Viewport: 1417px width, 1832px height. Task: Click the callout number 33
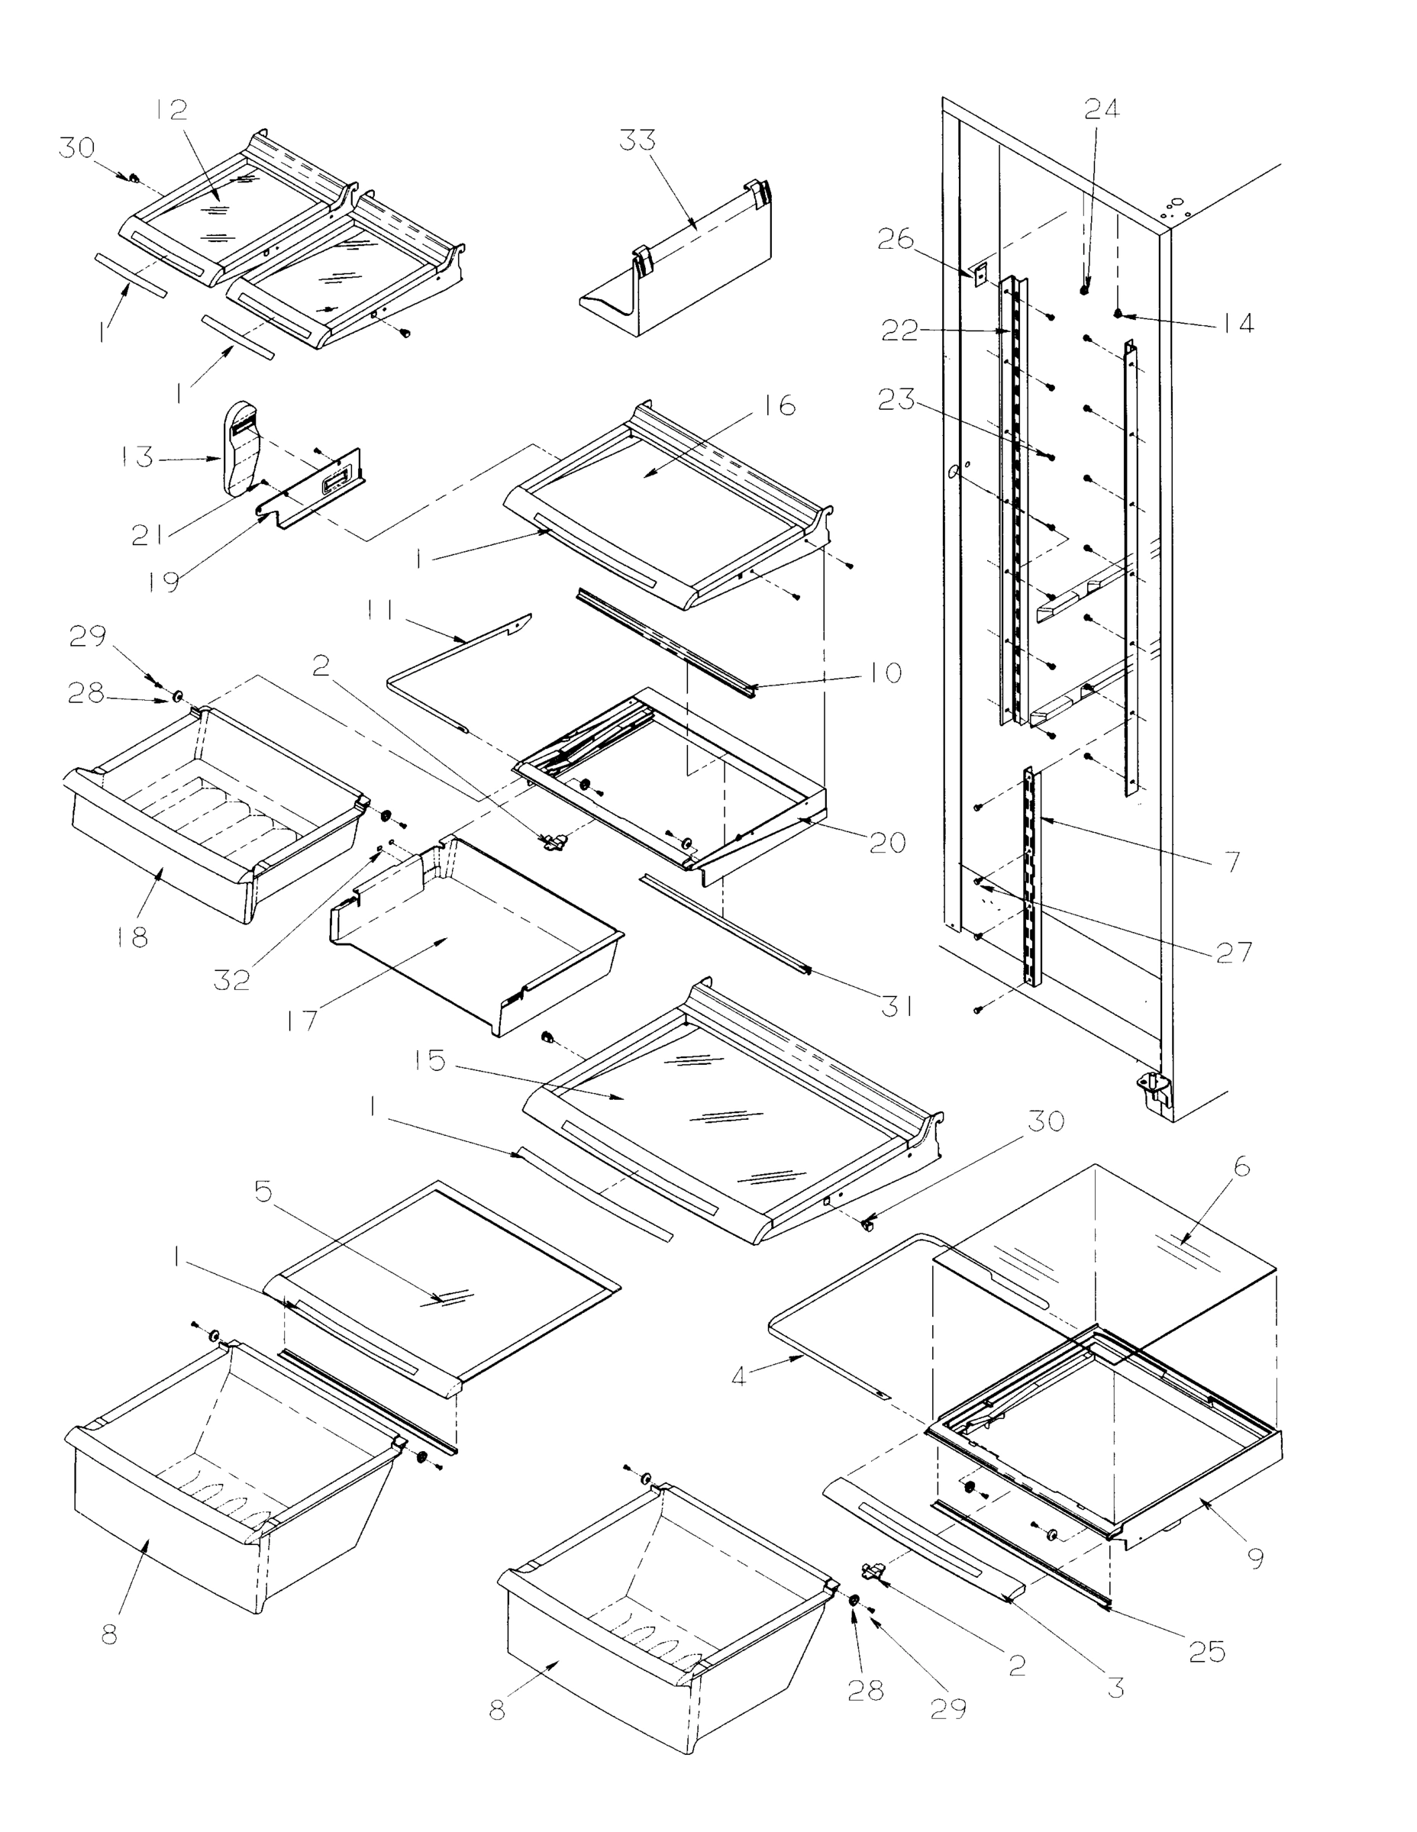click(637, 141)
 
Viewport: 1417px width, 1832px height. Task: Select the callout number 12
click(171, 109)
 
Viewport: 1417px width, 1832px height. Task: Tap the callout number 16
click(780, 405)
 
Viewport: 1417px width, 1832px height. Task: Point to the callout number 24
click(1102, 109)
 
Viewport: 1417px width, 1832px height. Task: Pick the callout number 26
click(895, 239)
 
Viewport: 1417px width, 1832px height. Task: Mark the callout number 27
click(1233, 952)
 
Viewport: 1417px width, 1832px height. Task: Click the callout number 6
click(1241, 1167)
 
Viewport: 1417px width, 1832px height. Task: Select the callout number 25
click(1206, 1652)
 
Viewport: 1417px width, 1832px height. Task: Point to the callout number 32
click(231, 979)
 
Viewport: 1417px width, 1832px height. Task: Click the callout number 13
click(135, 457)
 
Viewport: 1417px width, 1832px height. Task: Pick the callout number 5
click(263, 1192)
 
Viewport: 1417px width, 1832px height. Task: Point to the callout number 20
click(888, 841)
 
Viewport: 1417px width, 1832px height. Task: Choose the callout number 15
click(429, 1060)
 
